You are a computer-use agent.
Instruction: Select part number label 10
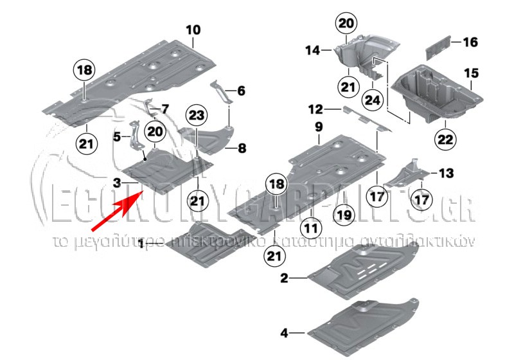193,30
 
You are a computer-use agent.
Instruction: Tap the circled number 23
197,116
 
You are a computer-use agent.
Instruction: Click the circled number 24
371,100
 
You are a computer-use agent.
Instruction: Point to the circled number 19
344,214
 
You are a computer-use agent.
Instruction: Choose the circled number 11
311,226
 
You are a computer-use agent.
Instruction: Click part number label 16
470,42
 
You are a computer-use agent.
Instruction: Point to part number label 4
284,333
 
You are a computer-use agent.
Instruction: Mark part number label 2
284,278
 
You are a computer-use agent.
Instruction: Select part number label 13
446,173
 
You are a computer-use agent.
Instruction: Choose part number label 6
241,91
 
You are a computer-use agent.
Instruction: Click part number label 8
242,148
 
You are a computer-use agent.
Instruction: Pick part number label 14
312,50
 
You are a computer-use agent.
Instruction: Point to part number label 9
317,127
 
